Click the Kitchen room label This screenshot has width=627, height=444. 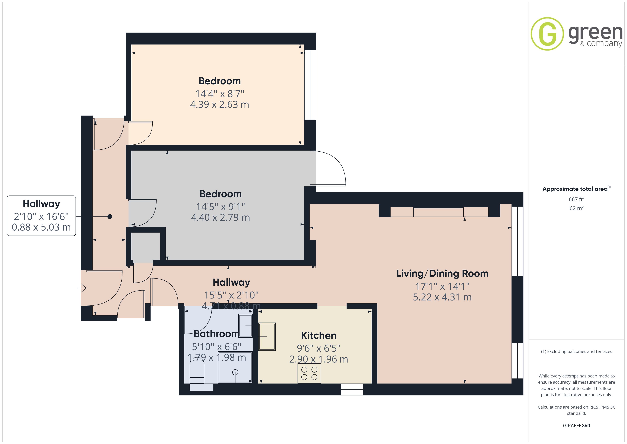(318, 335)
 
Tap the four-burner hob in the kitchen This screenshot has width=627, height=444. (309, 373)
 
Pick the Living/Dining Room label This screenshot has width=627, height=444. (442, 273)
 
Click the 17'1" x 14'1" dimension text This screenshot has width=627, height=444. (442, 286)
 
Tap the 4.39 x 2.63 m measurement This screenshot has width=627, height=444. (219, 104)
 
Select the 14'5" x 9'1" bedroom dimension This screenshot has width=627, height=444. (220, 207)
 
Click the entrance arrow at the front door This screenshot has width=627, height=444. (82, 288)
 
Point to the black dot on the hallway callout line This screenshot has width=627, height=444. (110, 216)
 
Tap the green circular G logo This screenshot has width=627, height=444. (547, 34)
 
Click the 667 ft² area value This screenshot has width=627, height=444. (577, 199)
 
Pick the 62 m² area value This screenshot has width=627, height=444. (577, 208)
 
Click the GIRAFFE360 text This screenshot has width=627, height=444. (577, 426)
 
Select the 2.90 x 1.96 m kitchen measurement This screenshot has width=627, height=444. (318, 359)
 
